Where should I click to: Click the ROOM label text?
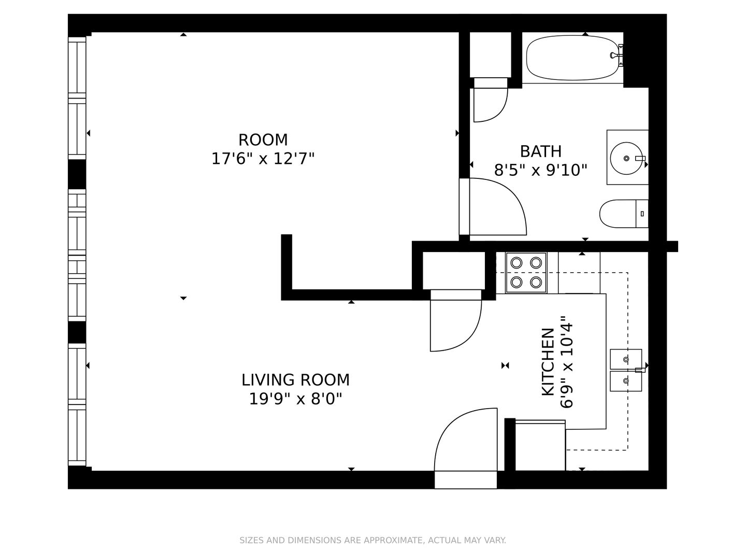[263, 140]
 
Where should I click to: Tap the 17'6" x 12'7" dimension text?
[263, 159]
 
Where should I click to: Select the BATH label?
[540, 151]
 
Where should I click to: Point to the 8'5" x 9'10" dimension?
[540, 170]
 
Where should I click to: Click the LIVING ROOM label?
[295, 380]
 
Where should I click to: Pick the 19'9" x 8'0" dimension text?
[295, 399]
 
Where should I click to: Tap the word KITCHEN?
[548, 362]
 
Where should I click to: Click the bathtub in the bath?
[575, 58]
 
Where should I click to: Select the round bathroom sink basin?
[626, 158]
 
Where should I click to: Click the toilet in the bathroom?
[624, 214]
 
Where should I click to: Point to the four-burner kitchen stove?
[526, 272]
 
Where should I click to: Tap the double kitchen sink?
[626, 370]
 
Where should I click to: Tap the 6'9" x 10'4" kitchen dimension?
[567, 362]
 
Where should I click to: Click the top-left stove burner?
[517, 263]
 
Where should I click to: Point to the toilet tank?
[642, 214]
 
